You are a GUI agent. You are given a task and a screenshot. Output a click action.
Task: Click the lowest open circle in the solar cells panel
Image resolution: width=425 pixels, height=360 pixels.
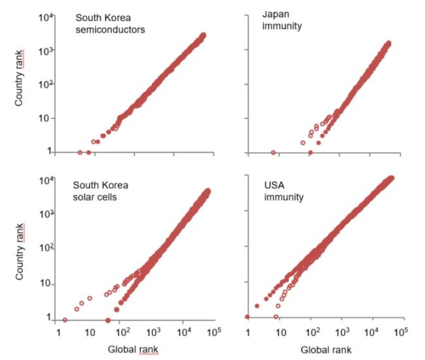[65, 320]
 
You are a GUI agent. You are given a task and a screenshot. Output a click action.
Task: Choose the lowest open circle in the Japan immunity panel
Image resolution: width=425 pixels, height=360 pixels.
[273, 152]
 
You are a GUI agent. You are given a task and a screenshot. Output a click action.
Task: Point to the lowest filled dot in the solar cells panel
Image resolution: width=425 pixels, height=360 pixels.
[107, 320]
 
